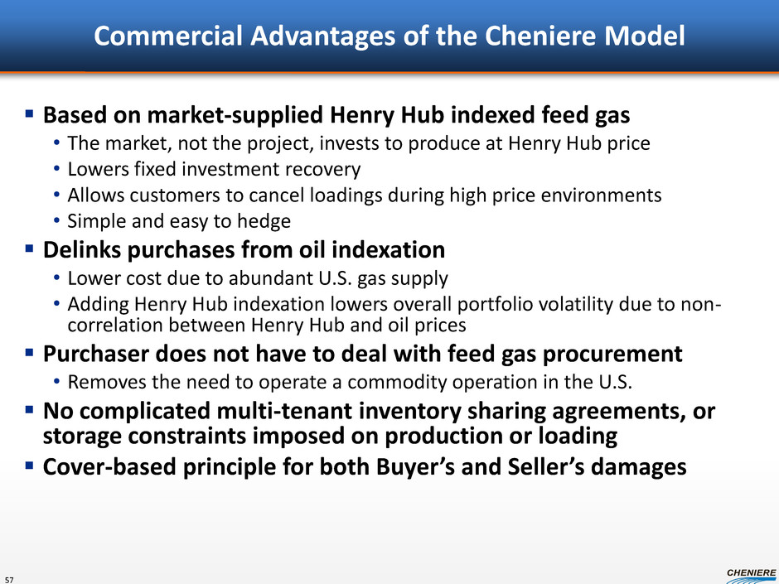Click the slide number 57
(x=9, y=580)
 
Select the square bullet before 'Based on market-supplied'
(x=29, y=114)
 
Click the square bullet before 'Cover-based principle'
(x=29, y=466)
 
